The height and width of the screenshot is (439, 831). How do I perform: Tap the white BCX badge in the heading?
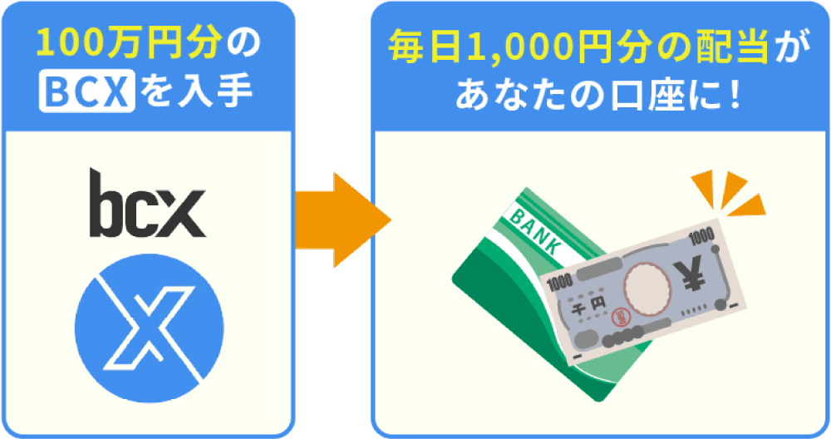pyautogui.click(x=87, y=92)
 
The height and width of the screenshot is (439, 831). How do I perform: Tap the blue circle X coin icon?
pyautogui.click(x=149, y=328)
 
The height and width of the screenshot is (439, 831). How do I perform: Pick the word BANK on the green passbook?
pyautogui.click(x=534, y=229)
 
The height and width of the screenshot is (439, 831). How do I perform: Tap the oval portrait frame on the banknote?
pyautogui.click(x=647, y=288)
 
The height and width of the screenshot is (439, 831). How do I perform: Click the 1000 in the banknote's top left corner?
pyautogui.click(x=560, y=283)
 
